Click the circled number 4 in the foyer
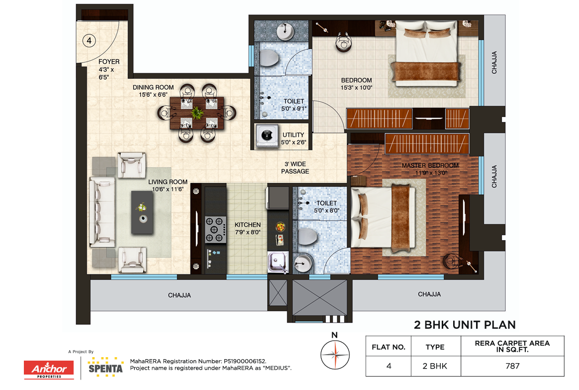(x=89, y=40)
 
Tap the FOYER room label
(x=109, y=62)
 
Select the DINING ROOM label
(x=153, y=87)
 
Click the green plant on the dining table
(x=197, y=113)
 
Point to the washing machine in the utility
(x=267, y=135)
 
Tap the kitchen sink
(x=278, y=262)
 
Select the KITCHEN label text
(x=248, y=225)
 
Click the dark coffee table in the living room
(x=142, y=212)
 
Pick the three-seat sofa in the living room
(x=102, y=212)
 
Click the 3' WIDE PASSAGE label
(x=295, y=167)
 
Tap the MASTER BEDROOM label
(x=430, y=165)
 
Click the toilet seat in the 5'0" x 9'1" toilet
(x=269, y=58)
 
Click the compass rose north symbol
(x=335, y=355)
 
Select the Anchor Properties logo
(x=49, y=370)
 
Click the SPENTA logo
(x=105, y=368)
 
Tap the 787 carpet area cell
(x=512, y=366)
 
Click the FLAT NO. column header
(x=388, y=347)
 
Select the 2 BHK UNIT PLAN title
(x=465, y=325)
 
